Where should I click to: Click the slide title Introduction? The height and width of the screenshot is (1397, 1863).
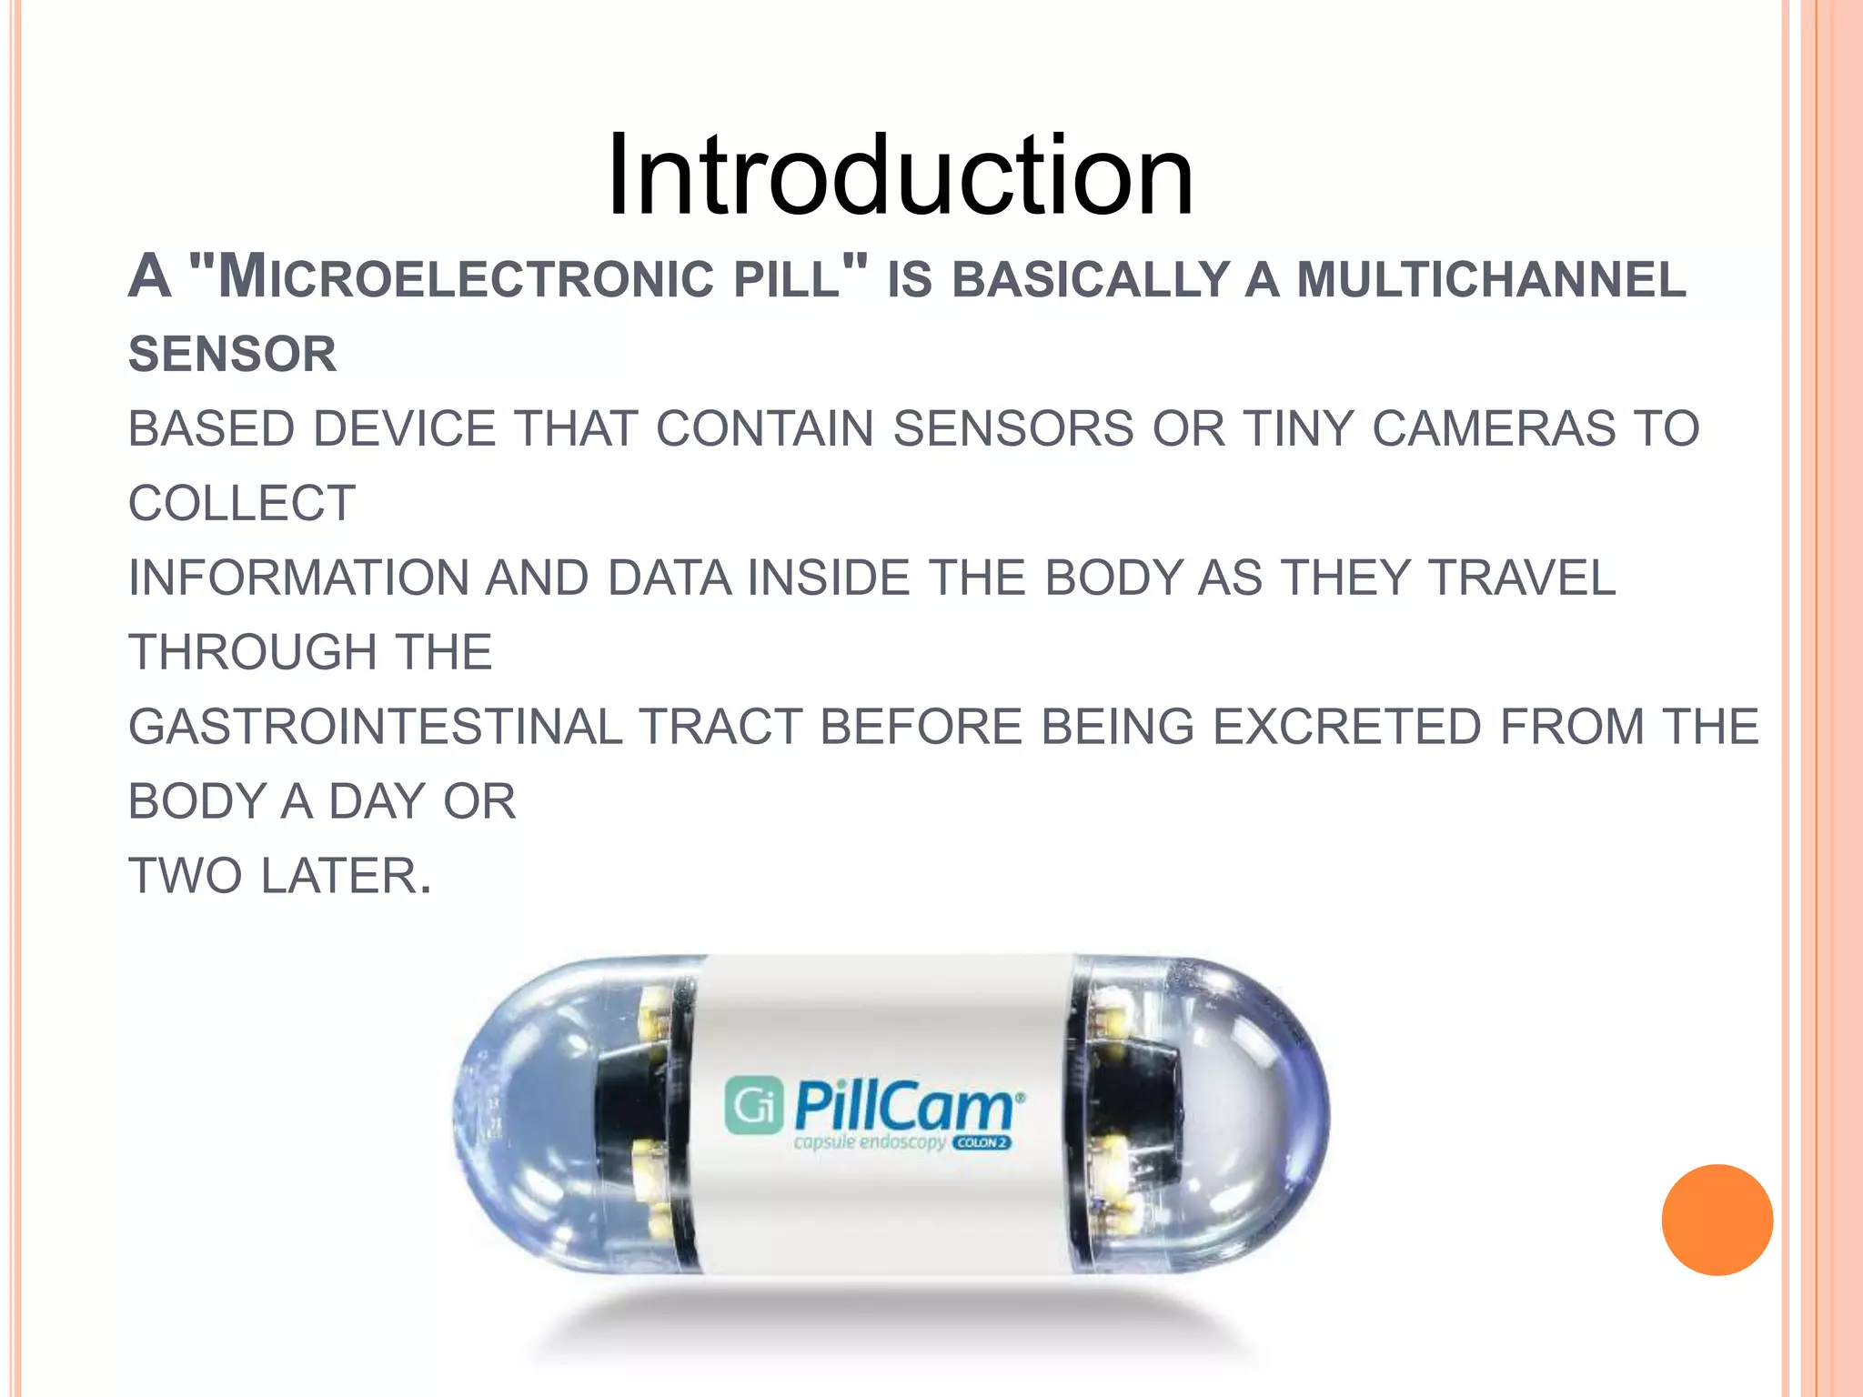(x=900, y=175)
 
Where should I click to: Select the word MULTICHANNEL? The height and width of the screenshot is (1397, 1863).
(x=1491, y=278)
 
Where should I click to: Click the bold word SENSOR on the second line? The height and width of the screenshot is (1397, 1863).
(x=233, y=354)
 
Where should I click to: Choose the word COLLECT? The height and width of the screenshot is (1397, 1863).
(x=242, y=503)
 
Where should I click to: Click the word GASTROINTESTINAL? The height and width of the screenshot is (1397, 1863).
(x=376, y=727)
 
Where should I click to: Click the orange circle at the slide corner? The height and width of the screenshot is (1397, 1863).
(x=1717, y=1220)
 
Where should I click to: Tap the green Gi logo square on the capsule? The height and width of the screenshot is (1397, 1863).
(x=753, y=1105)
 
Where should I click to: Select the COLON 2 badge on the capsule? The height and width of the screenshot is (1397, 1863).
(x=982, y=1143)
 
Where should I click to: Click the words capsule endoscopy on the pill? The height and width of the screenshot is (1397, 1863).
(x=869, y=1142)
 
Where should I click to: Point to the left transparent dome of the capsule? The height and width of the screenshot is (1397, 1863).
(x=528, y=1114)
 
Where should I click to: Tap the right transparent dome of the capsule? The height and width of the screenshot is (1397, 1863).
(x=1246, y=1114)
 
